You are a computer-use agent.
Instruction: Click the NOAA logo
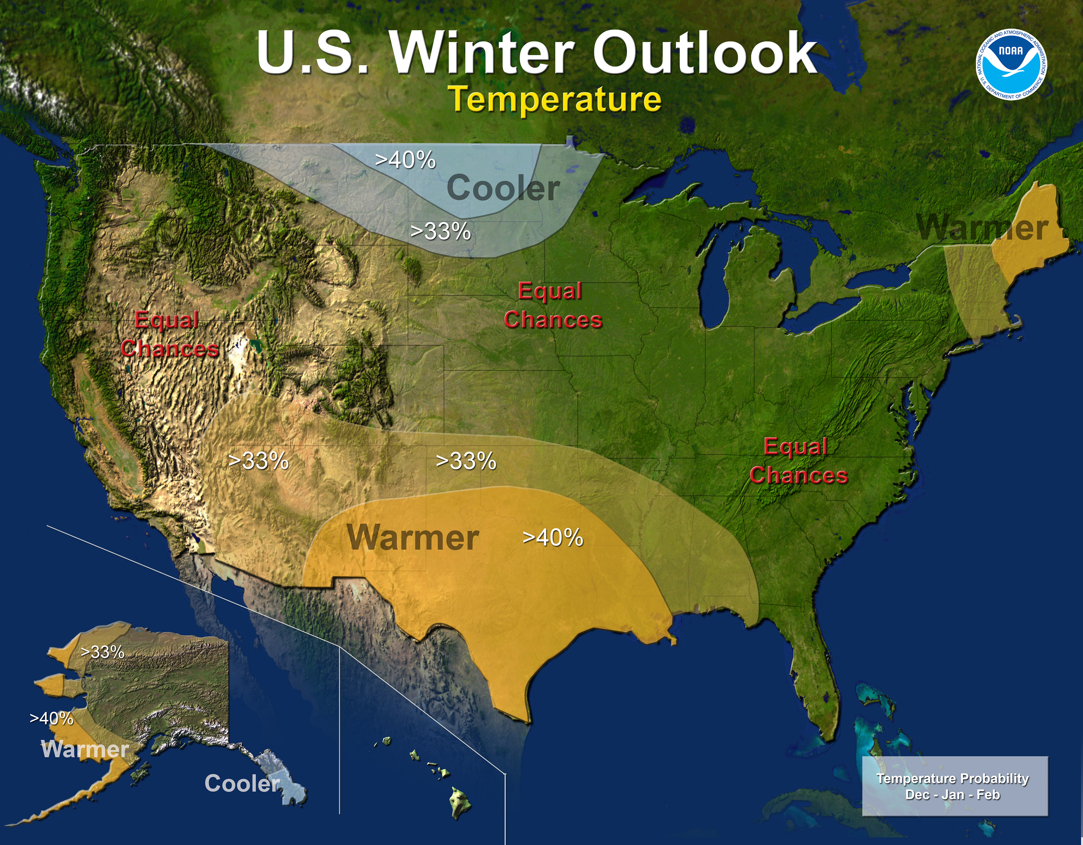1011,64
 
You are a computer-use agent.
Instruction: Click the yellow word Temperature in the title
555,99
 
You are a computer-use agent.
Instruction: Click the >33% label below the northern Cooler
440,232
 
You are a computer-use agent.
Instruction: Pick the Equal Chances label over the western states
169,335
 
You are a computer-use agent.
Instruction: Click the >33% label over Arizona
258,461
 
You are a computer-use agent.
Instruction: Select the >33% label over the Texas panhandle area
466,461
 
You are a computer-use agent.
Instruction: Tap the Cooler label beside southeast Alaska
242,784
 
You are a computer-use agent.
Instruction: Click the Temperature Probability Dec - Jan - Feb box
955,786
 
